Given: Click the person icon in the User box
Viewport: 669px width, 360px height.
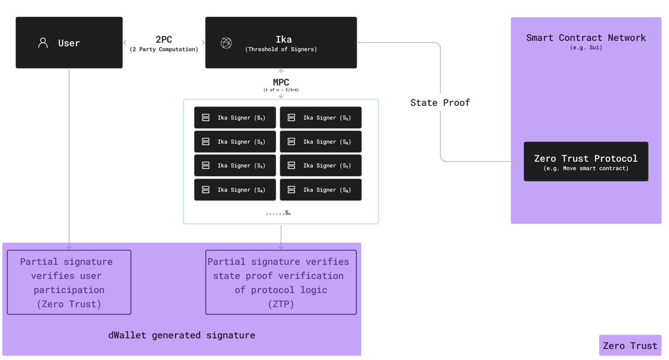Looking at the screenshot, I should (43, 43).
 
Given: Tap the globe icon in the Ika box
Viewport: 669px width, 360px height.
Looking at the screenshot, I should (226, 43).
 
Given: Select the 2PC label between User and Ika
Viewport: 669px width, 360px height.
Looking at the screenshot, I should (163, 40).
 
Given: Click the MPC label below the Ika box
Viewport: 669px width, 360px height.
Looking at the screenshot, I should (281, 83).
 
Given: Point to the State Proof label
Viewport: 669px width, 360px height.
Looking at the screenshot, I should (440, 103).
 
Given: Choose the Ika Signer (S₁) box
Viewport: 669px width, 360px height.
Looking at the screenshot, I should (235, 118).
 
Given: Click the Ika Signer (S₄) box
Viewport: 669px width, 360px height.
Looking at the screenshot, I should (235, 190).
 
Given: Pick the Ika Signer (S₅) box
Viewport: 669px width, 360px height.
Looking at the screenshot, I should (321, 118).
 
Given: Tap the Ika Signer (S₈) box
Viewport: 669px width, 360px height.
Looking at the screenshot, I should (321, 190).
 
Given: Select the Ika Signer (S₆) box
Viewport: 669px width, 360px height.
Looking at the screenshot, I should (321, 142).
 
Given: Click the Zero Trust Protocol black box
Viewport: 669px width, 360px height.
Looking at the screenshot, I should (586, 161).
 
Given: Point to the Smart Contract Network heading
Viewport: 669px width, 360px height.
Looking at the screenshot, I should (586, 38).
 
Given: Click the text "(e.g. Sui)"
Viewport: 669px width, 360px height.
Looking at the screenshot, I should (586, 48).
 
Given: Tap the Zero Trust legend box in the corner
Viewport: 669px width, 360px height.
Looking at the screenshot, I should (630, 345).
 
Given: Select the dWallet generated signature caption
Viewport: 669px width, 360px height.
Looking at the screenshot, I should (181, 335).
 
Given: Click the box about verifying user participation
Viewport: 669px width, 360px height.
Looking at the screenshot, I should (69, 282).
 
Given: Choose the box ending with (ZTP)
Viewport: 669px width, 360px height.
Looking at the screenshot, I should (281, 282).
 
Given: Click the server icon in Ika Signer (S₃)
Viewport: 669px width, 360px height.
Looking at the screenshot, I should (205, 166).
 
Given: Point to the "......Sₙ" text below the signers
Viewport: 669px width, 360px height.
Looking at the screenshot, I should (278, 213).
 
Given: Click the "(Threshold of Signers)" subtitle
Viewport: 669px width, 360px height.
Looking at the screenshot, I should (281, 50).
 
